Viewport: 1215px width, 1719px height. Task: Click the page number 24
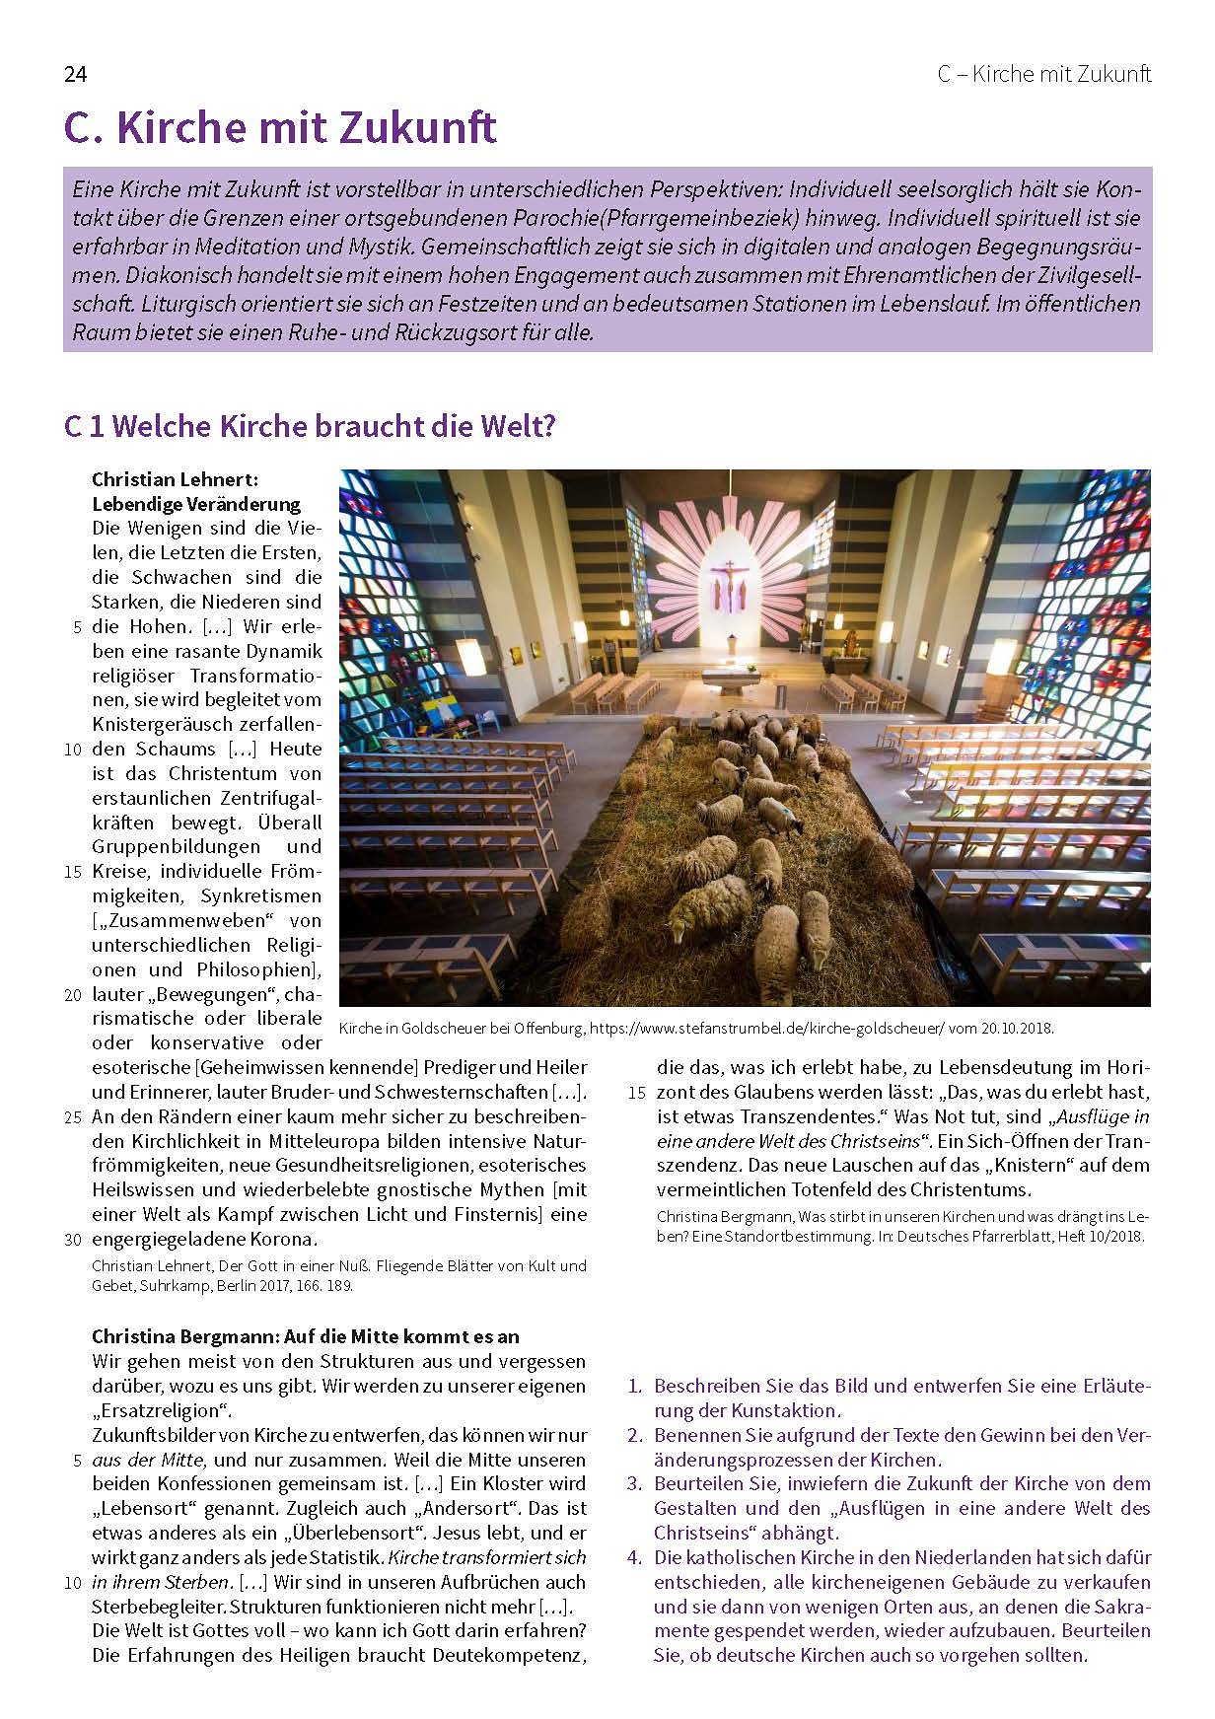point(75,75)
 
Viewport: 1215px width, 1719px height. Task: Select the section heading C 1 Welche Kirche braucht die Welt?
point(310,426)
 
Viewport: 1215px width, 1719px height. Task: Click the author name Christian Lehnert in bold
point(175,479)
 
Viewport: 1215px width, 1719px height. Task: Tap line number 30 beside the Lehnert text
point(73,1240)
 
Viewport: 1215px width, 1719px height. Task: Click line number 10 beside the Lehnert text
point(73,750)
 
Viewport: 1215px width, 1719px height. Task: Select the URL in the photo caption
point(767,1028)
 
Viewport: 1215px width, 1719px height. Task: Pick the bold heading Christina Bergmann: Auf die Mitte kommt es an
point(305,1336)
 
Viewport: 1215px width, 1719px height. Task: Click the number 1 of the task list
point(635,1386)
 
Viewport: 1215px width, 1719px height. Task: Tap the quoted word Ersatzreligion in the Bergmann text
point(162,1410)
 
